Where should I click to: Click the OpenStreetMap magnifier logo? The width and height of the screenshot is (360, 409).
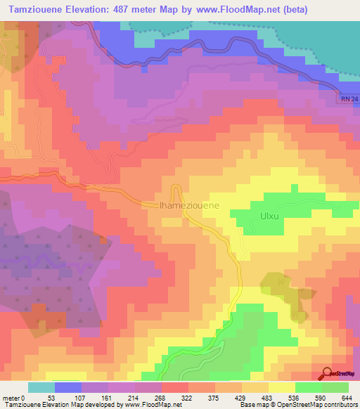tap(327, 373)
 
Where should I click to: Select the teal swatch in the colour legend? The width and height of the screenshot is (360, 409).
tap(41, 387)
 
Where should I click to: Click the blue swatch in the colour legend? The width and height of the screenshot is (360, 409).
tap(67, 387)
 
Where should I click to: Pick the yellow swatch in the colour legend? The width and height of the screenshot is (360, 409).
tap(281, 387)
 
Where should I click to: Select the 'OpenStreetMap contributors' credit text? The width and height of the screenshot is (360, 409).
tap(320, 405)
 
